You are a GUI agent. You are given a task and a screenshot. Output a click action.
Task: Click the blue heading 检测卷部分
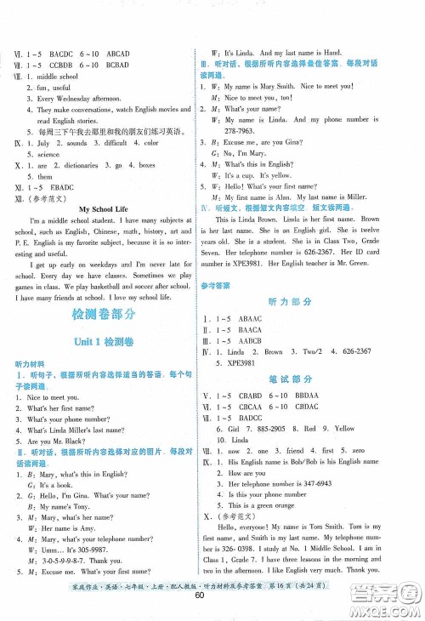[x=107, y=314]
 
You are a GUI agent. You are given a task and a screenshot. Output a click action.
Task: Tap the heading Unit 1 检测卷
[x=106, y=342]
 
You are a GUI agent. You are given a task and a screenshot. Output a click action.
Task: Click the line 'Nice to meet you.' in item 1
[x=54, y=397]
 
